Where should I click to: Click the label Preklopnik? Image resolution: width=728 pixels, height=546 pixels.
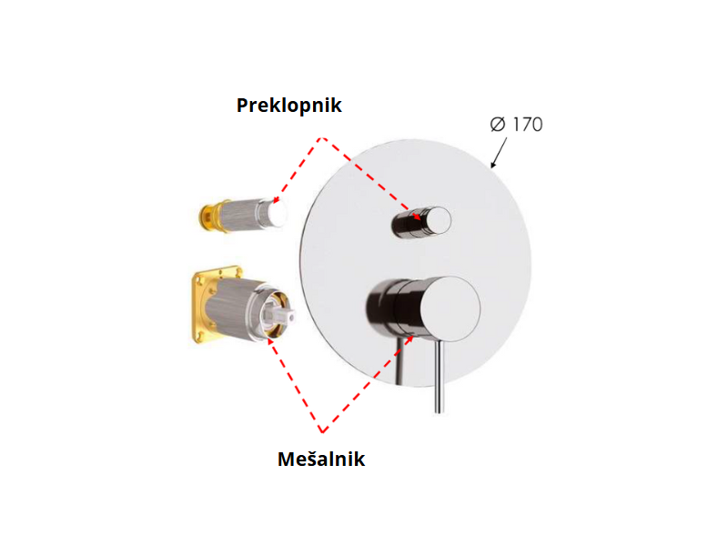pyautogui.click(x=288, y=105)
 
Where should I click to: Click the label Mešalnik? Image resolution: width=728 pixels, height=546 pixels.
pyautogui.click(x=320, y=459)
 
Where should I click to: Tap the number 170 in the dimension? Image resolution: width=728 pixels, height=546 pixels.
pyautogui.click(x=527, y=124)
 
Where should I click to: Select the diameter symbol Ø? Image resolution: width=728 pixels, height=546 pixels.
pyautogui.click(x=498, y=125)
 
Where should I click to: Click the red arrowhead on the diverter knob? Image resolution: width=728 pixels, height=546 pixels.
pyautogui.click(x=419, y=216)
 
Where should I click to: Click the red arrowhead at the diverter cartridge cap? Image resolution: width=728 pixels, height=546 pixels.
pyautogui.click(x=277, y=199)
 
